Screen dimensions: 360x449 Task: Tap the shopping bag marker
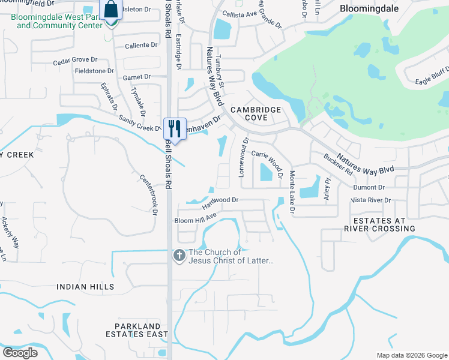coord(111,10)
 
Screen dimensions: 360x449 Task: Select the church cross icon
coord(178,256)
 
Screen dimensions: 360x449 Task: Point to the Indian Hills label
coord(85,287)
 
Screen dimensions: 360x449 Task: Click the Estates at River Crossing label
coord(379,224)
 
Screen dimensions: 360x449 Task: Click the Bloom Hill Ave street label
coord(194,220)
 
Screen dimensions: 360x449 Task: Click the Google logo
coord(20,353)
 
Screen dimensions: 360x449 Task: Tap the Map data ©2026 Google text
coord(411,355)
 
